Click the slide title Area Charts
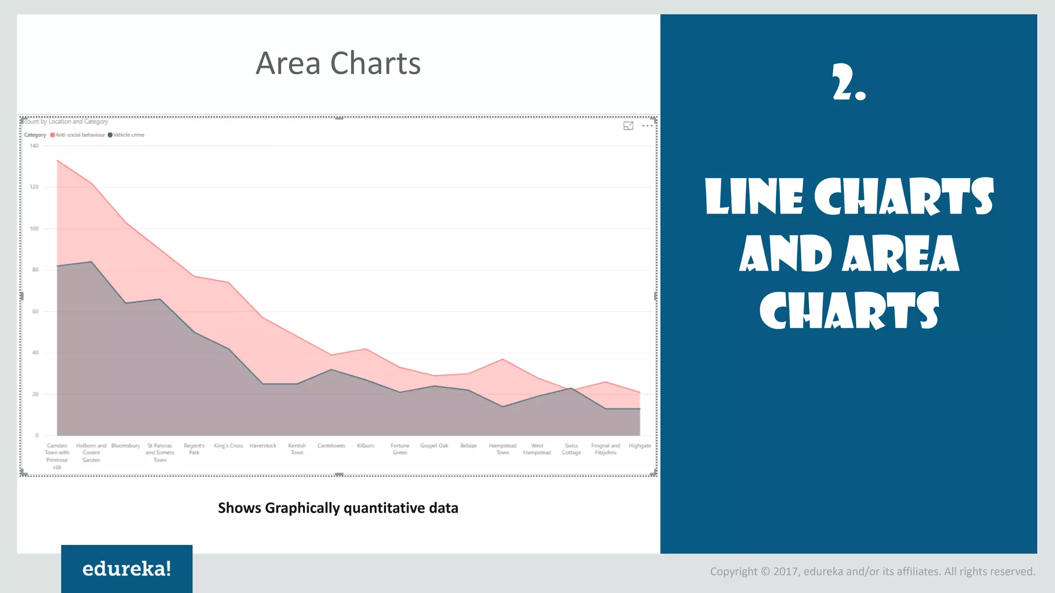[x=338, y=63]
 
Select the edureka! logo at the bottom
[x=127, y=569]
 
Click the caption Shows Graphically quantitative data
[x=338, y=508]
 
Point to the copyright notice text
[x=872, y=571]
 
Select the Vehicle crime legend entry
[x=128, y=135]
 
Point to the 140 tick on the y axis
[x=34, y=146]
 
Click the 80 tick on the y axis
[x=35, y=270]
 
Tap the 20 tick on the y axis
[x=35, y=394]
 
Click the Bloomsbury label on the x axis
[x=125, y=446]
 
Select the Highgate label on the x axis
[x=640, y=446]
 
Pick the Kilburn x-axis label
[x=366, y=446]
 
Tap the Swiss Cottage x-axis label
[x=571, y=449]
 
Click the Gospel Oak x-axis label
[x=434, y=446]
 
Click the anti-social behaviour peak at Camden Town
[x=57, y=161]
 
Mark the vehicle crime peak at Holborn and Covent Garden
[x=91, y=262]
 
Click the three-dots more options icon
[x=647, y=126]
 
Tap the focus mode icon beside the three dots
[x=628, y=126]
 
